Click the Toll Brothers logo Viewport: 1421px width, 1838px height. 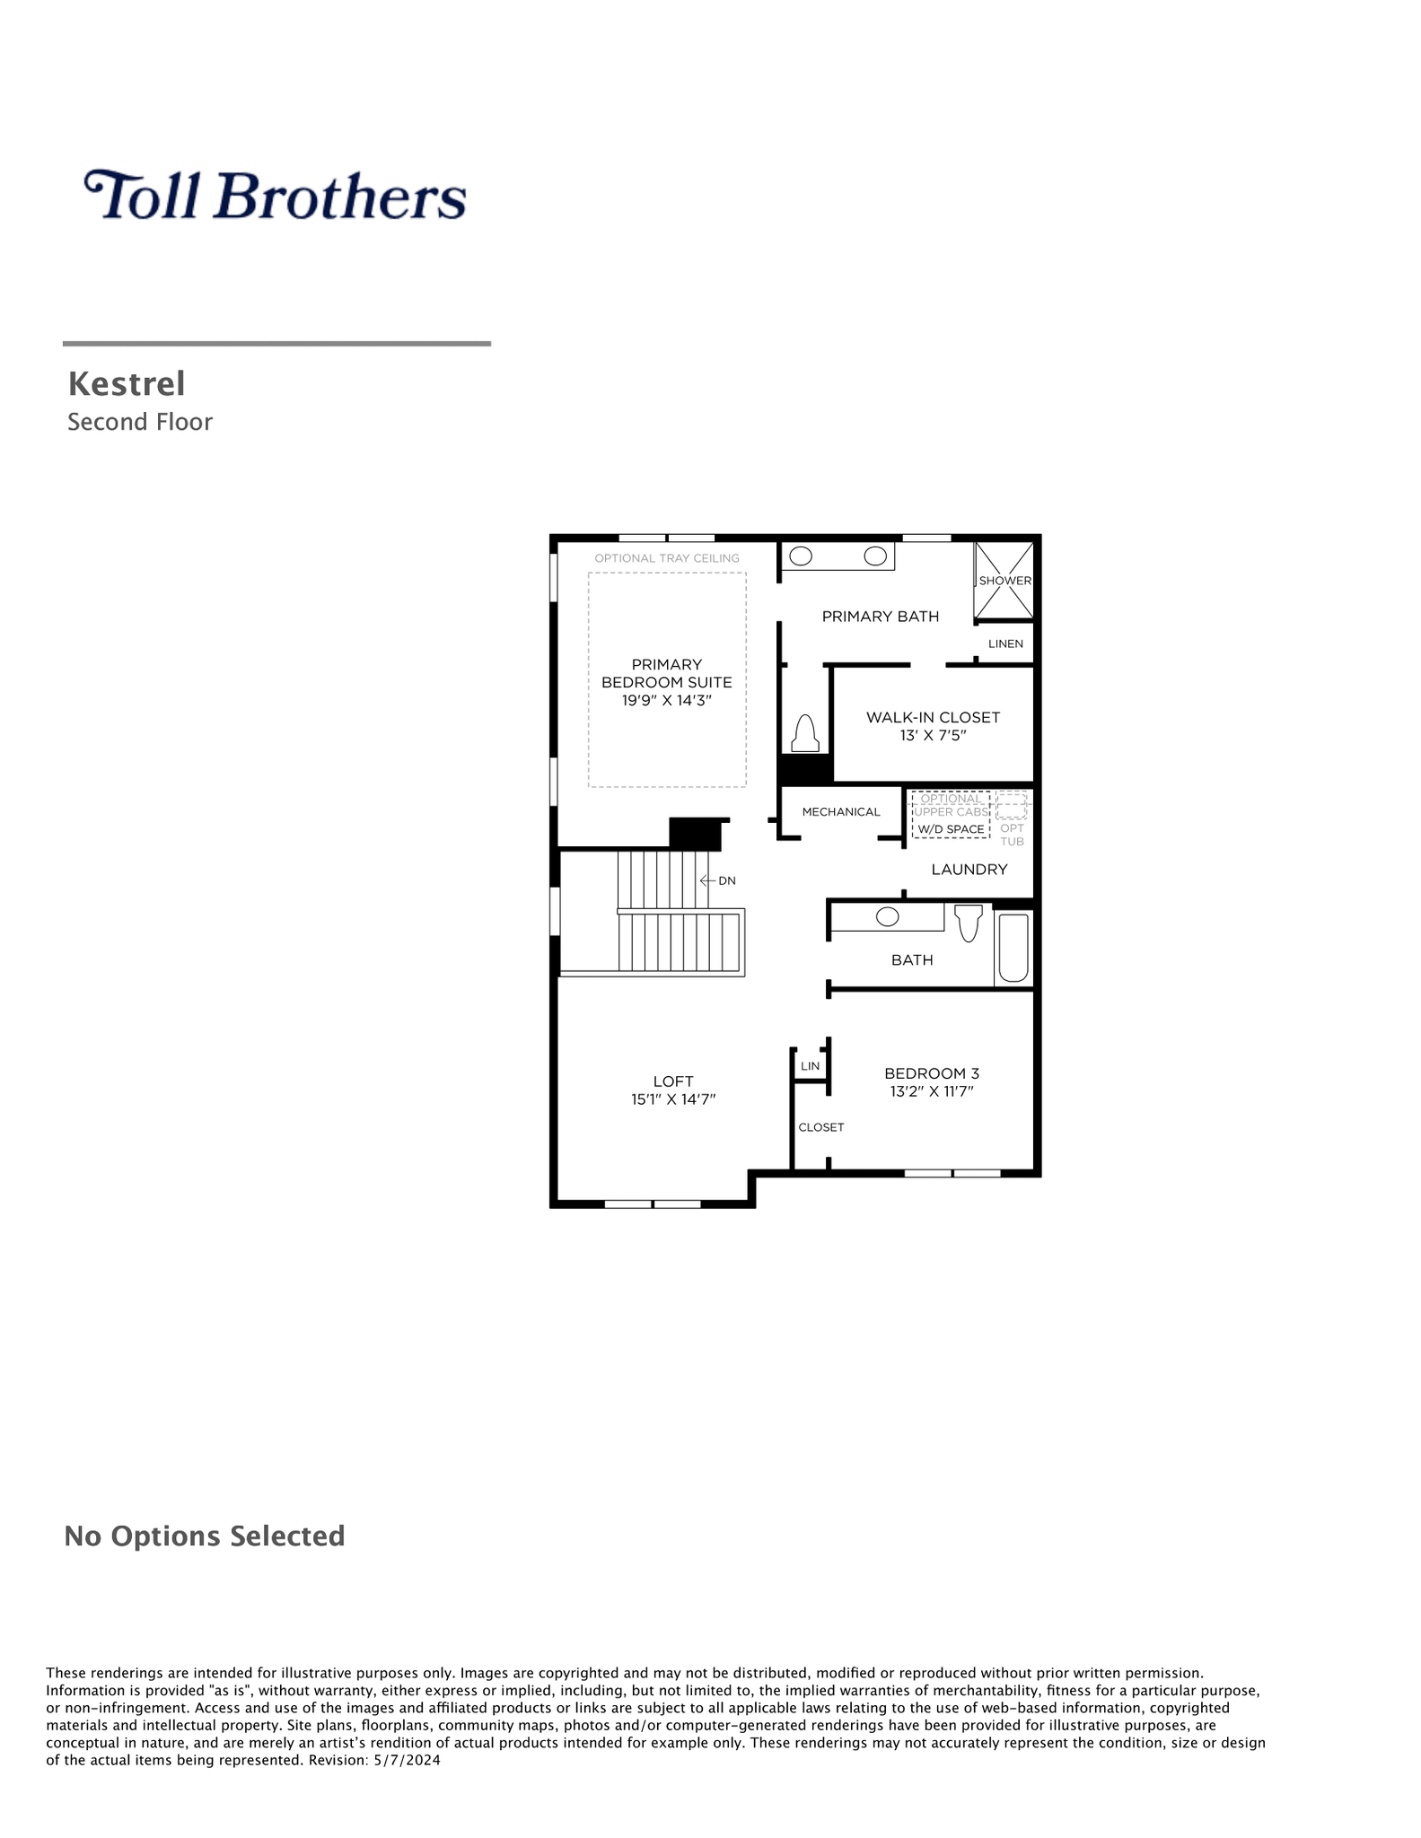click(x=275, y=195)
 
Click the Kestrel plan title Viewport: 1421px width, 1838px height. click(x=127, y=384)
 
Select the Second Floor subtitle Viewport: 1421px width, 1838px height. click(x=140, y=422)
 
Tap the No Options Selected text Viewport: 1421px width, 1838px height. click(x=205, y=1536)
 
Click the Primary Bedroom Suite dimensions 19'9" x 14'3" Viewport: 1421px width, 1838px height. click(x=667, y=700)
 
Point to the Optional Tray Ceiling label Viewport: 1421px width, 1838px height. click(x=667, y=558)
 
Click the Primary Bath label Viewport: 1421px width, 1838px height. click(x=881, y=617)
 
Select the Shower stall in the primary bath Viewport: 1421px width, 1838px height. click(x=1004, y=581)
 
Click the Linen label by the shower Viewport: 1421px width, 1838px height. click(x=1005, y=643)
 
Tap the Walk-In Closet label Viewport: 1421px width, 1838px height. click(x=933, y=717)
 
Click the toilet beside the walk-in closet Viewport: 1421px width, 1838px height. click(x=805, y=733)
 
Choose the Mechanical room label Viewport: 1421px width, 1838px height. click(x=841, y=812)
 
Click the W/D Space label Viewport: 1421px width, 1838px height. click(x=951, y=829)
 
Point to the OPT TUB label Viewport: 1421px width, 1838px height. click(x=1012, y=835)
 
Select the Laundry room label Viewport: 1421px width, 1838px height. click(x=969, y=870)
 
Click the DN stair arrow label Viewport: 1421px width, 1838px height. click(x=718, y=880)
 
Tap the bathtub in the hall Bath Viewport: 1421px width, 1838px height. click(x=1013, y=948)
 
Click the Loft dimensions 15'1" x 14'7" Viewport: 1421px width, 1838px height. click(x=673, y=1099)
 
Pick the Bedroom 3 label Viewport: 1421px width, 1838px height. click(x=932, y=1073)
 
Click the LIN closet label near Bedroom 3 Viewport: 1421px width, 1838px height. click(x=810, y=1066)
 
